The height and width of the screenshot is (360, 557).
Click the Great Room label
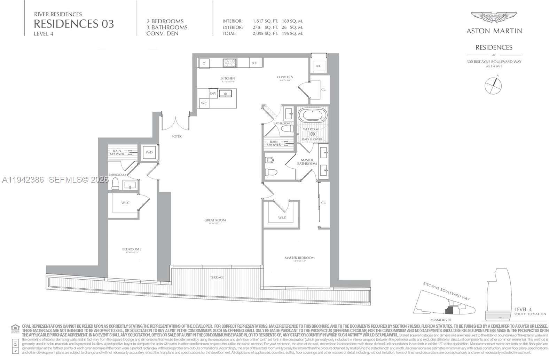(x=215, y=220)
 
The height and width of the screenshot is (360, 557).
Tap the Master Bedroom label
(x=299, y=258)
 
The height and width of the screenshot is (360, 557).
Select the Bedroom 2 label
(x=132, y=249)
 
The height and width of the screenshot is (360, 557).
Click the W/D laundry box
(x=149, y=152)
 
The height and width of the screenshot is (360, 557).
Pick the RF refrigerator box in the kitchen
(x=254, y=63)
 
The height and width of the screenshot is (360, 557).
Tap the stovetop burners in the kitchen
(x=230, y=63)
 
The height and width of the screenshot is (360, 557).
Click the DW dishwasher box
(x=213, y=94)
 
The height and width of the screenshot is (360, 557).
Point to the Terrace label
(x=217, y=277)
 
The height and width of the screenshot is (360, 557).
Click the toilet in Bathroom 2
(x=115, y=184)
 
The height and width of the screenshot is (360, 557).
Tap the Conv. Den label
(x=285, y=77)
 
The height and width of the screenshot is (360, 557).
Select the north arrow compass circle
(x=493, y=86)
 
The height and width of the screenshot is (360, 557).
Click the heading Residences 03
(x=74, y=24)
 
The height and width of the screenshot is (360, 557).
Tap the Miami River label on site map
(x=441, y=320)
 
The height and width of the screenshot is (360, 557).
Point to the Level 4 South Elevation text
(x=529, y=311)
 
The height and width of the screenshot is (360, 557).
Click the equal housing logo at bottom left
(x=15, y=328)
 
